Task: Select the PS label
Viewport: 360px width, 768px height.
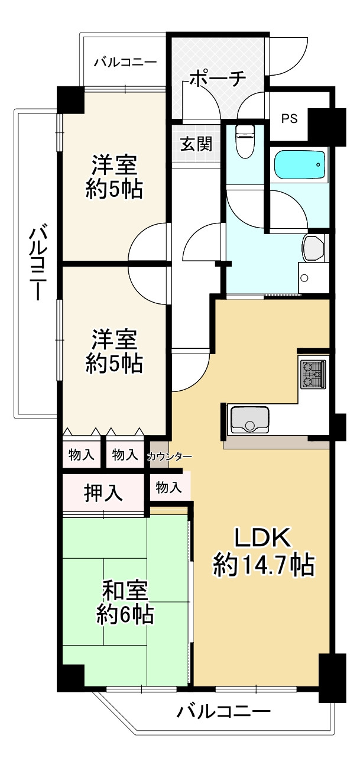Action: (289, 118)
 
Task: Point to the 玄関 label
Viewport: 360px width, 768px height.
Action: (196, 144)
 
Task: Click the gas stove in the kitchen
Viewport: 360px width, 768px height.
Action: (313, 374)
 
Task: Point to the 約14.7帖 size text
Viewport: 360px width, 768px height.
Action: (263, 566)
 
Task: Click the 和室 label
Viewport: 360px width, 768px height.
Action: (125, 589)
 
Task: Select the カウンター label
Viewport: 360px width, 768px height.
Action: (169, 456)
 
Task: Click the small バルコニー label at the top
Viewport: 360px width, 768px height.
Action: (125, 61)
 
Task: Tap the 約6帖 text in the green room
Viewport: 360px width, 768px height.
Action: (125, 616)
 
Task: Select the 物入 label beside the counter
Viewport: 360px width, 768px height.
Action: (168, 487)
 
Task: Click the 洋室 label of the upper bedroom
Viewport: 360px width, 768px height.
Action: (113, 163)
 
